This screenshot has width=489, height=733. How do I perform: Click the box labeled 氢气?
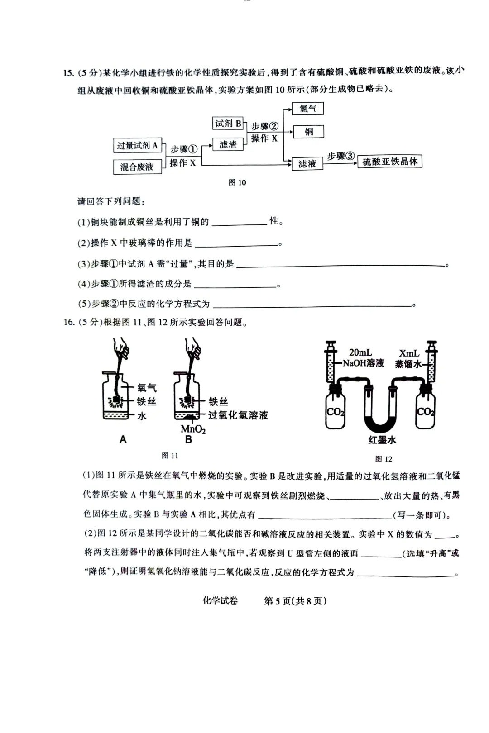pos(308,109)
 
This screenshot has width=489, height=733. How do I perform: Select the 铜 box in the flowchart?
pos(308,132)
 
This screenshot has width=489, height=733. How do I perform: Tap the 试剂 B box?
pos(228,123)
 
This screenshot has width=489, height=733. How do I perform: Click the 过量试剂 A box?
pos(137,145)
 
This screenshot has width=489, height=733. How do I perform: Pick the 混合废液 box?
pos(137,167)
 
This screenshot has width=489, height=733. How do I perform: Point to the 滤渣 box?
pos(228,145)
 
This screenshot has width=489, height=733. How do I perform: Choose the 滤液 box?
pos(307,164)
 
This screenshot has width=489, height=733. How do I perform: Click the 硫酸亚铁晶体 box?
pos(390,162)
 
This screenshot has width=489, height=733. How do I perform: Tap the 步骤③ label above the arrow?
pos(340,156)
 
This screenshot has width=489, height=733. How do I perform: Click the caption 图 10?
pos(237,182)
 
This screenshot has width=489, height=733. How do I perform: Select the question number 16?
pos(68,322)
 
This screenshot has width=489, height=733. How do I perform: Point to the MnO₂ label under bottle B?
pos(193,428)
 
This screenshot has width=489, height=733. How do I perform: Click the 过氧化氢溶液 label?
pos(238,415)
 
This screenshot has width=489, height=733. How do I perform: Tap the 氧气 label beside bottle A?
pos(147,388)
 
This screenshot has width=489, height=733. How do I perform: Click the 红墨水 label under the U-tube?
pos(382,440)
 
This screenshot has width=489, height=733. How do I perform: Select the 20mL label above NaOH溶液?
pos(360,352)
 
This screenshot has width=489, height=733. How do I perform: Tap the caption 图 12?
pos(384,459)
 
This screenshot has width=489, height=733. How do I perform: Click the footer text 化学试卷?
pos(220,601)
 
